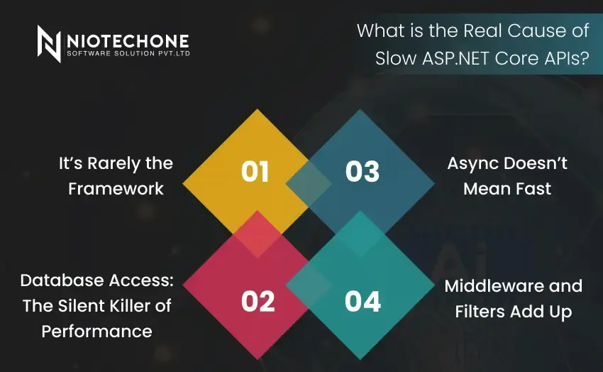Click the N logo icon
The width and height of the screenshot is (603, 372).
(x=49, y=43)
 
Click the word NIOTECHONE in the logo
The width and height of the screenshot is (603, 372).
(x=128, y=41)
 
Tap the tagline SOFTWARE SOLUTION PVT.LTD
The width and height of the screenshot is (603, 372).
(x=128, y=53)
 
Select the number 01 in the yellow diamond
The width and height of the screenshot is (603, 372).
(x=255, y=172)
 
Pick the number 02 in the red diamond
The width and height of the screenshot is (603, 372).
(x=258, y=301)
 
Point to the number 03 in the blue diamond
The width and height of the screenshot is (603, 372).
(x=363, y=172)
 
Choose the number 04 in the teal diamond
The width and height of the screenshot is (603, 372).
(x=363, y=301)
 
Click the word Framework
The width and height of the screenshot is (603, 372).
(x=116, y=189)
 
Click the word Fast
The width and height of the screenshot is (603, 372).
(x=533, y=189)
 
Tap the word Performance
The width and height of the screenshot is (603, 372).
(x=97, y=332)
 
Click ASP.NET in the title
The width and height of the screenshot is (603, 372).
(x=456, y=58)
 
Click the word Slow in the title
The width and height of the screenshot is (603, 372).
(x=396, y=58)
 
